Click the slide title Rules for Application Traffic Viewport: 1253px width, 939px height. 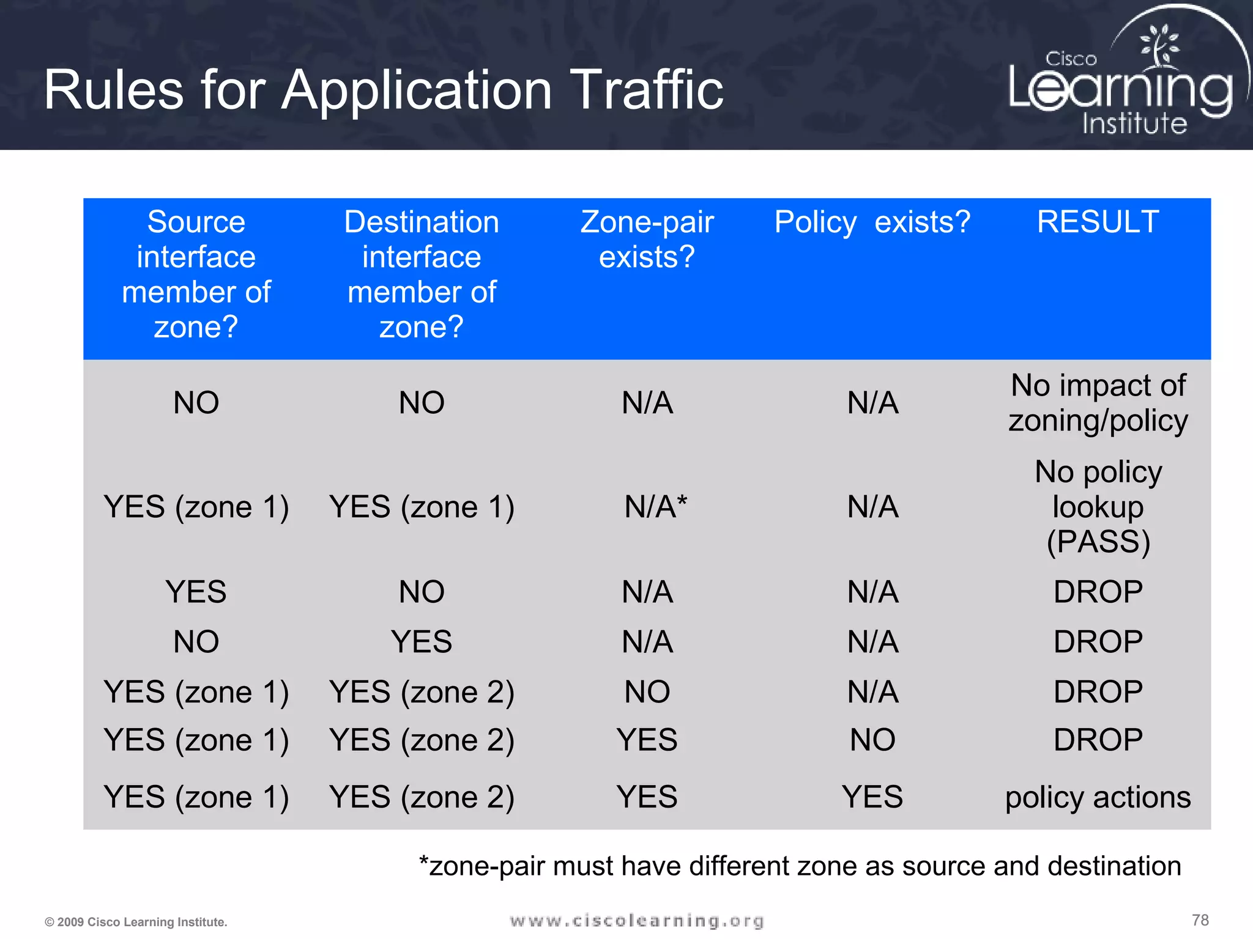[x=383, y=90]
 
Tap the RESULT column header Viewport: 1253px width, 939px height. [x=1098, y=221]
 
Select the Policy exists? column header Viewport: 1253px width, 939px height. [x=872, y=222]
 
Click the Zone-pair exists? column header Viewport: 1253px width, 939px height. [x=647, y=239]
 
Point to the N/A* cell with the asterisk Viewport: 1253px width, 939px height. [x=655, y=507]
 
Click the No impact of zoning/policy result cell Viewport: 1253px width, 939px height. [x=1098, y=403]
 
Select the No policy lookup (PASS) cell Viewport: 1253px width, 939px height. [x=1098, y=507]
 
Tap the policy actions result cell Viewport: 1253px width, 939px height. [x=1098, y=797]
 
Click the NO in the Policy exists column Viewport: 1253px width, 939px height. [x=872, y=740]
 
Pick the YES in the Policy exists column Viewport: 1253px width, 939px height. [x=872, y=797]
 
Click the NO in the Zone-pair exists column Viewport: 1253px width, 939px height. [x=647, y=692]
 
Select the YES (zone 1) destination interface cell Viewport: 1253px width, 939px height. [x=422, y=507]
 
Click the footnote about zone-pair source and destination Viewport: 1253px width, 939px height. [x=799, y=866]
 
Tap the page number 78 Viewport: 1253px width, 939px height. [x=1200, y=920]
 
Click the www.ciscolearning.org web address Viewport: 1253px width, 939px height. [x=636, y=921]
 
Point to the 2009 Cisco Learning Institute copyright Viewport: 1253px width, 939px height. [x=136, y=922]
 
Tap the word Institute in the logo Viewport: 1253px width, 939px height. [x=1134, y=123]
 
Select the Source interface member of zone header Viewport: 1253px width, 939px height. [x=196, y=274]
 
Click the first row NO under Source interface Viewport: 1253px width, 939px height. [x=196, y=403]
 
